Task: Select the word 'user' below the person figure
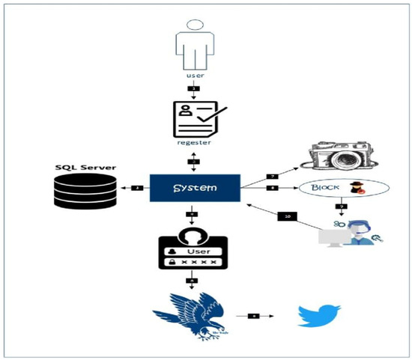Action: (x=195, y=76)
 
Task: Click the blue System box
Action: (x=195, y=187)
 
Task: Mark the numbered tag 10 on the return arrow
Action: (x=288, y=216)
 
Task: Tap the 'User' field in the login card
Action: (x=195, y=254)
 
